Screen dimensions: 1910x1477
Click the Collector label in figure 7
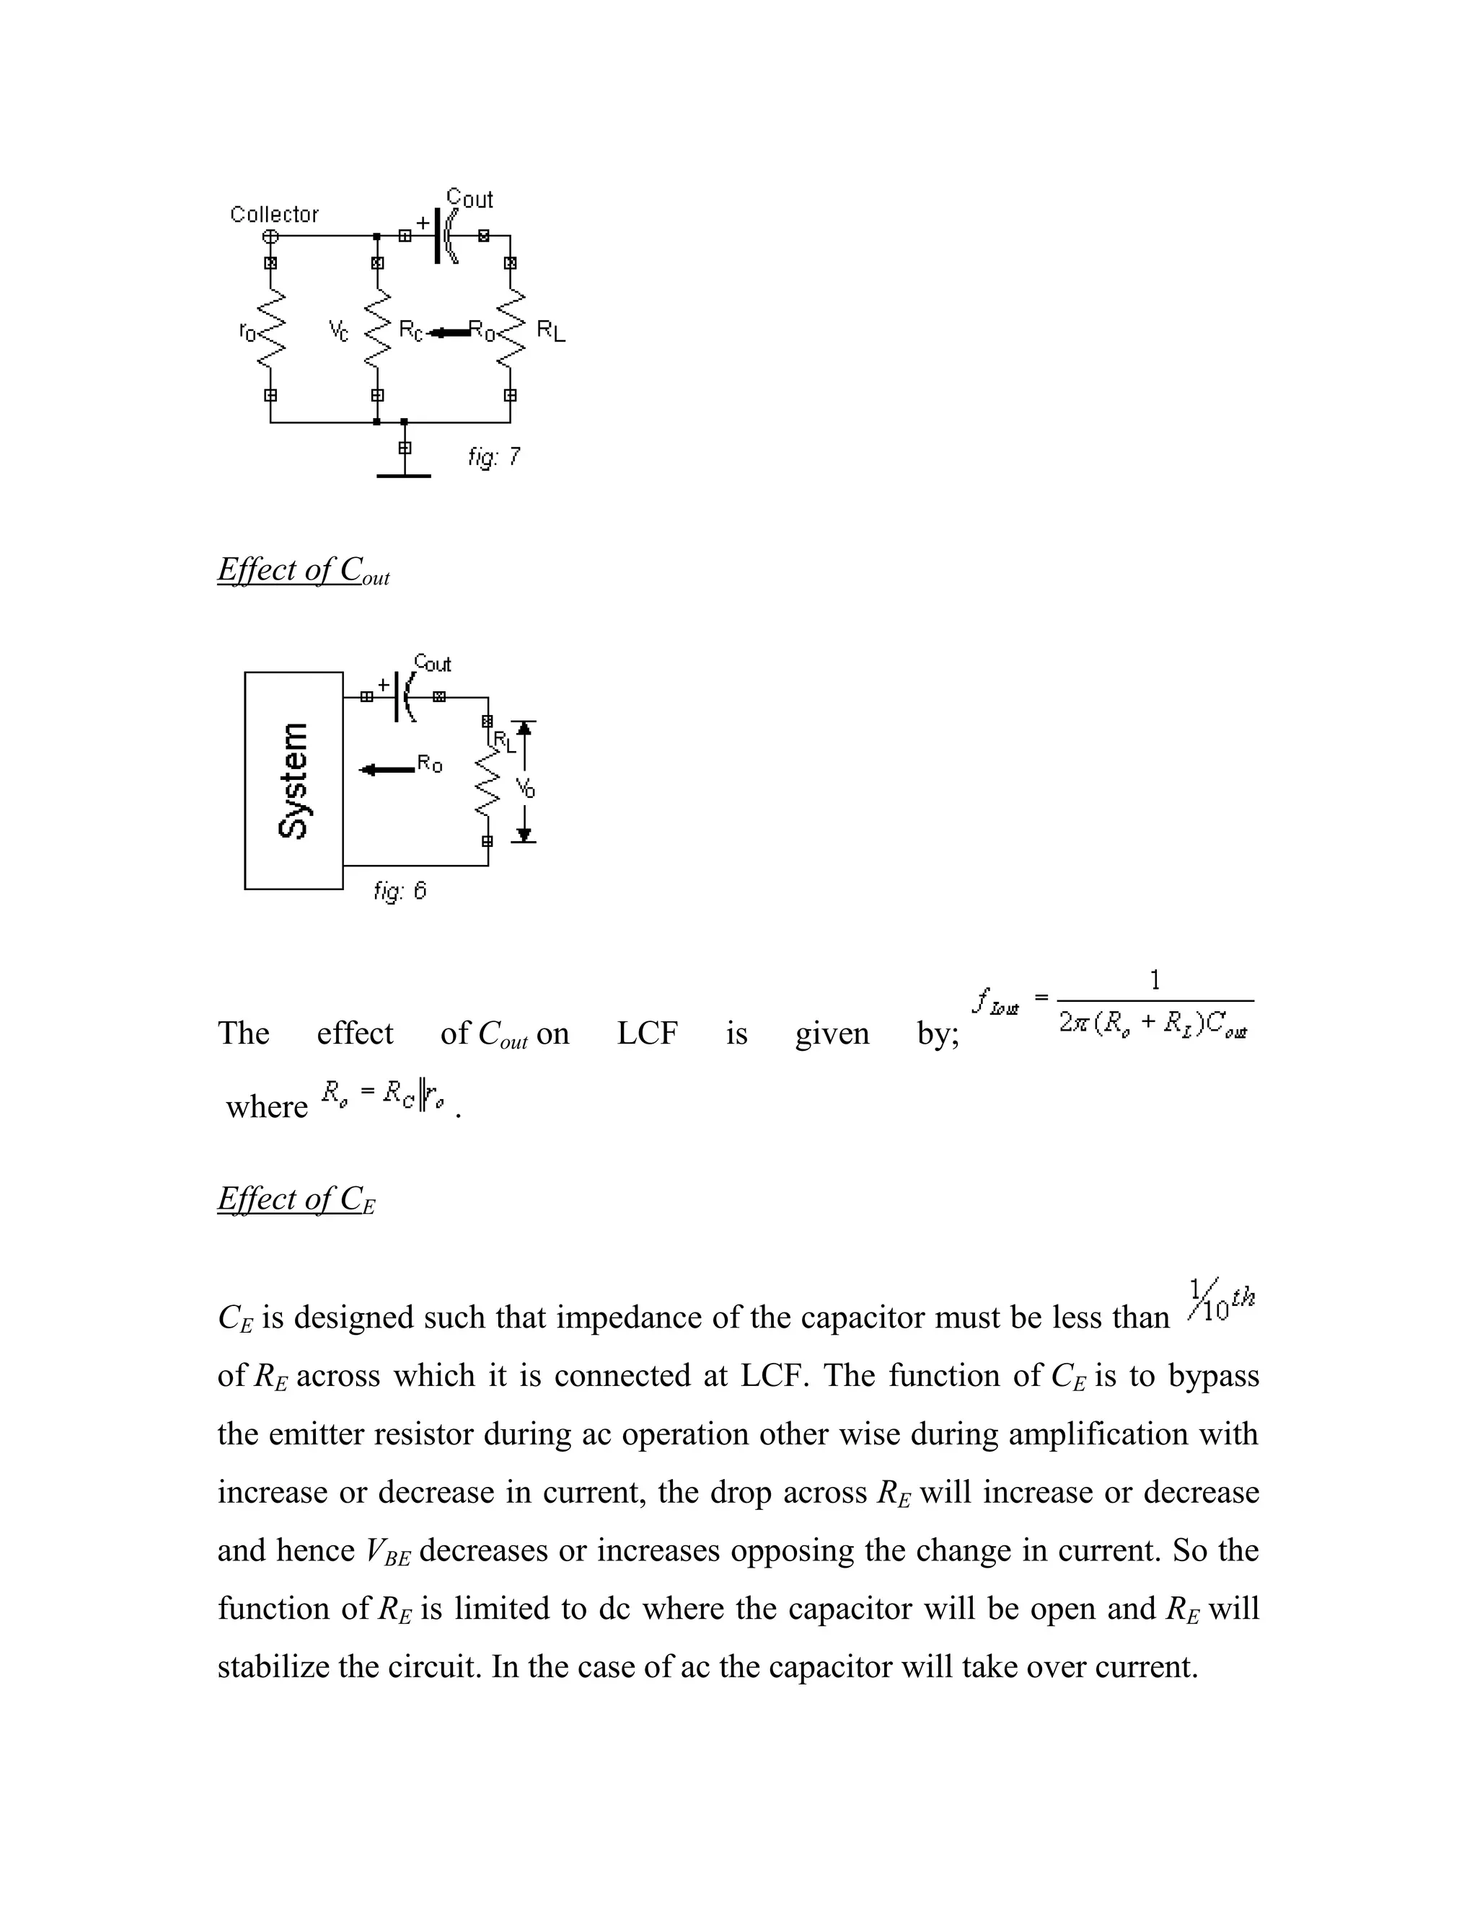tap(274, 214)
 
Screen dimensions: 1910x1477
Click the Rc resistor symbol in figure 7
tap(377, 329)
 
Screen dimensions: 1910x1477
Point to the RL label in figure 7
tap(550, 331)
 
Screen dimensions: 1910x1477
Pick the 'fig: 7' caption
tap(494, 456)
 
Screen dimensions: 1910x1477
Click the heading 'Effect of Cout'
tap(303, 570)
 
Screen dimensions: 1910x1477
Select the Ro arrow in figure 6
tap(389, 770)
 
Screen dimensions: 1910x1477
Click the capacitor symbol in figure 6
tap(405, 697)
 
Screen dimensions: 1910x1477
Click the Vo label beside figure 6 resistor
tap(525, 787)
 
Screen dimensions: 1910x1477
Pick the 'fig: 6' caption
tap(400, 891)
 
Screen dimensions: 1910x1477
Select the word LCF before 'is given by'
tap(647, 1034)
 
